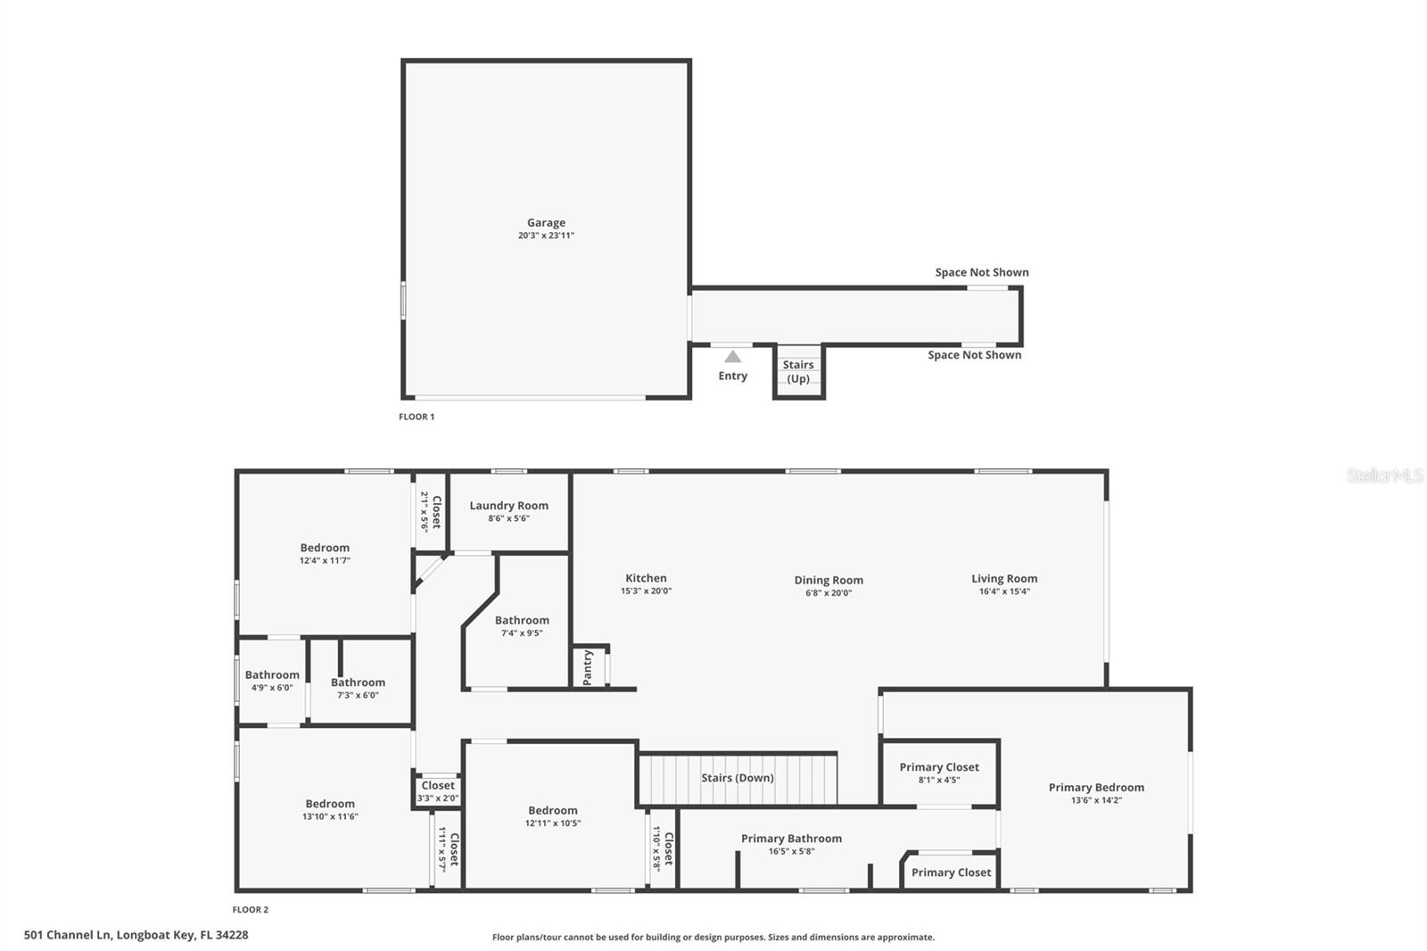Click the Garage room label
[546, 223]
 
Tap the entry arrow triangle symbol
[732, 357]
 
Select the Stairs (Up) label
[798, 371]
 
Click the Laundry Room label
[509, 506]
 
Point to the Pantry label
[588, 667]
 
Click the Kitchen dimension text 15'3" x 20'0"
[646, 591]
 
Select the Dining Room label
[829, 580]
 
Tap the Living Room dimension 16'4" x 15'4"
[1004, 591]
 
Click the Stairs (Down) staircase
[738, 779]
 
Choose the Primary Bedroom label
[1096, 787]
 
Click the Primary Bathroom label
[791, 839]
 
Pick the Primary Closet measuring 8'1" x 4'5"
[939, 773]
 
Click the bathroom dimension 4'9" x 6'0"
[272, 688]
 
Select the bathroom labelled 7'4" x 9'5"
[522, 626]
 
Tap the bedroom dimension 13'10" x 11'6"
[330, 816]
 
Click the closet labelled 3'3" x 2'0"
[438, 791]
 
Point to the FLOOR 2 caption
[251, 910]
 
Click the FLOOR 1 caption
[417, 417]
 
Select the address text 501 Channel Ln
[136, 935]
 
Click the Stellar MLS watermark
[1384, 476]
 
